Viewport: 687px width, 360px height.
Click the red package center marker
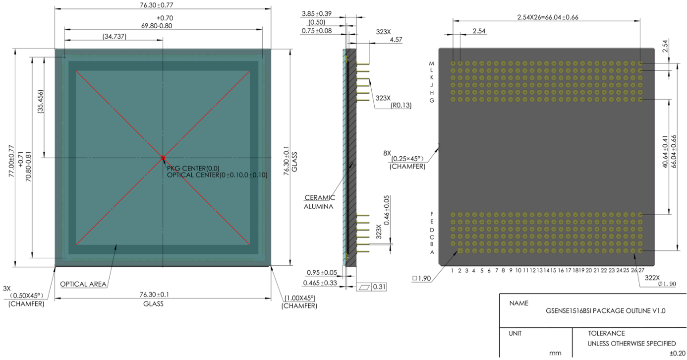tap(163, 158)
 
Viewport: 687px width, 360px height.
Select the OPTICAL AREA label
tap(83, 284)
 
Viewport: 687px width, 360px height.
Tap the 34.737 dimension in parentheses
tap(114, 37)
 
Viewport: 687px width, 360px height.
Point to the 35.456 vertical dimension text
tap(41, 102)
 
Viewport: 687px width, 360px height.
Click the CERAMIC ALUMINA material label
tap(319, 202)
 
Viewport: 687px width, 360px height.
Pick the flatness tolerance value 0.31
tap(379, 287)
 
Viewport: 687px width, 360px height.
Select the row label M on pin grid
tap(432, 63)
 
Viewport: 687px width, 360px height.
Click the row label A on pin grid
tap(432, 252)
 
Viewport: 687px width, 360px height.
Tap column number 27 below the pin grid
tap(641, 270)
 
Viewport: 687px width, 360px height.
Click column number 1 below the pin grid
tap(453, 270)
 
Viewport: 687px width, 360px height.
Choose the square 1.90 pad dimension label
tap(422, 278)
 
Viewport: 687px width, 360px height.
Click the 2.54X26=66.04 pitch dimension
tap(548, 17)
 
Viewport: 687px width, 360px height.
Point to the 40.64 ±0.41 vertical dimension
tap(665, 152)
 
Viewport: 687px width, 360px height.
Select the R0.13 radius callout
tap(401, 105)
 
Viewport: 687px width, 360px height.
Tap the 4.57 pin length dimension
tap(396, 40)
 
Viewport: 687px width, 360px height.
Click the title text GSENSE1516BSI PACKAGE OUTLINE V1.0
tap(605, 311)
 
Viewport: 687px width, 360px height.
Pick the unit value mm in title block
tap(555, 353)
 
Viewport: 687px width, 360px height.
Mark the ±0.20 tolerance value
tap(677, 353)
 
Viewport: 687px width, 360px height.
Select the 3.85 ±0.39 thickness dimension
tap(317, 13)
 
